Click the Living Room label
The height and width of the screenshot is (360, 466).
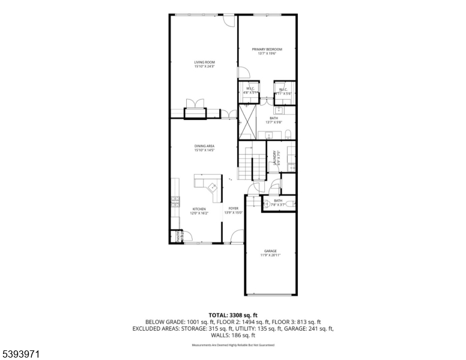click(x=204, y=64)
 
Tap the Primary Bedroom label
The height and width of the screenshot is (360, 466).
click(x=267, y=51)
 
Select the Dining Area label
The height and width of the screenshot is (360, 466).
click(x=204, y=148)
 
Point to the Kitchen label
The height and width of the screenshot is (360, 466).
click(x=199, y=211)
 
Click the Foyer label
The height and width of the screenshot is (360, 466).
click(x=233, y=211)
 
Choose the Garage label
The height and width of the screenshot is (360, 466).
click(x=270, y=253)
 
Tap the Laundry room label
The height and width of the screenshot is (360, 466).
click(x=276, y=158)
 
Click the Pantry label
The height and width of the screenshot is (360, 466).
click(x=178, y=237)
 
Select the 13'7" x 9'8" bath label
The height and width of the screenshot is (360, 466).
click(x=274, y=120)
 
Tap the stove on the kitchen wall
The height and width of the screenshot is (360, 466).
click(x=175, y=201)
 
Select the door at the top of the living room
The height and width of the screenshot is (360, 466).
click(x=228, y=20)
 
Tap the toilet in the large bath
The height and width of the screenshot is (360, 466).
click(x=288, y=133)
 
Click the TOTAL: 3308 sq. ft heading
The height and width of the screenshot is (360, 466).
click(x=232, y=315)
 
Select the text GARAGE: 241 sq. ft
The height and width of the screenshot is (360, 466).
click(x=312, y=329)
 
